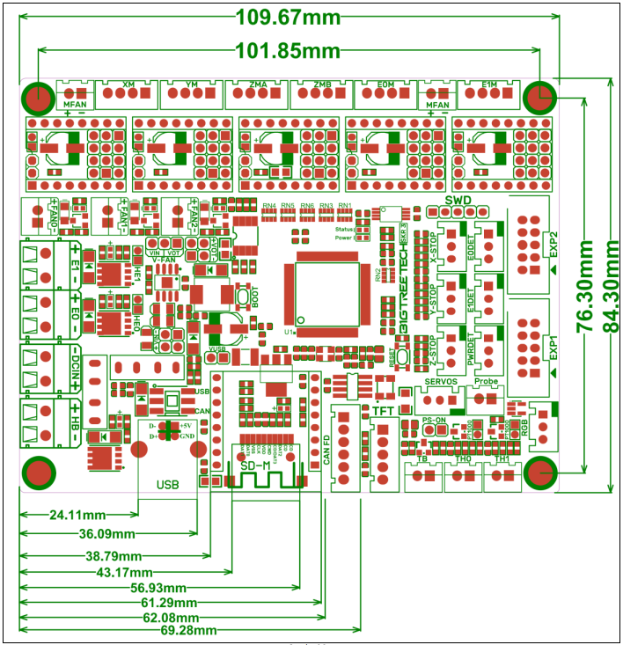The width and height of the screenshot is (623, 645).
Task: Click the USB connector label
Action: click(x=167, y=484)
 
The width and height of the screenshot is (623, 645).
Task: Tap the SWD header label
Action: click(x=458, y=201)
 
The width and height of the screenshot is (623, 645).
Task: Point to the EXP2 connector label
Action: click(x=553, y=243)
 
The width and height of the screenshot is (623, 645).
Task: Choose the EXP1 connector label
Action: click(x=553, y=344)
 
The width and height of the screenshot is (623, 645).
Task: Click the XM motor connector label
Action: click(x=128, y=84)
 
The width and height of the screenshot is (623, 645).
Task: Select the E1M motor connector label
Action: click(x=490, y=84)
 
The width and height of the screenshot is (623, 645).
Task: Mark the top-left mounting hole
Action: click(x=39, y=97)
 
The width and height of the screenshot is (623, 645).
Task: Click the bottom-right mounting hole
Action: click(x=539, y=473)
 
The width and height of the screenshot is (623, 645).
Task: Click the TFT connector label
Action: click(x=383, y=410)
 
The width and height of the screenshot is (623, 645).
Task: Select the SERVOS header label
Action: click(x=441, y=381)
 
